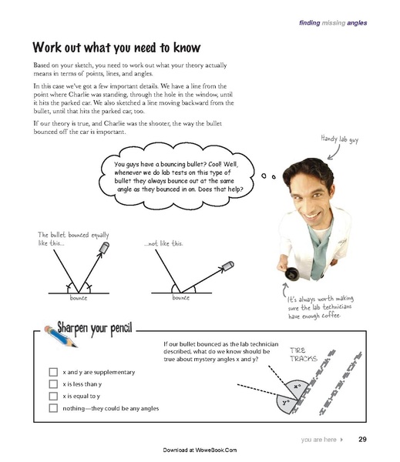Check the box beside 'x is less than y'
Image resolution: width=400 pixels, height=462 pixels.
click(53, 383)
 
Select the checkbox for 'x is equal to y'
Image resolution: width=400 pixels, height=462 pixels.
click(53, 396)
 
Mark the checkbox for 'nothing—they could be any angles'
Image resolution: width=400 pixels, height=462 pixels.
click(53, 408)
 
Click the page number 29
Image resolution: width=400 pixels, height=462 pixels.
click(363, 440)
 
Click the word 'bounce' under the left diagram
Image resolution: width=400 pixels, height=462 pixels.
click(79, 297)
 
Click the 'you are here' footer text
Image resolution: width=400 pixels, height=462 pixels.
click(319, 440)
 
